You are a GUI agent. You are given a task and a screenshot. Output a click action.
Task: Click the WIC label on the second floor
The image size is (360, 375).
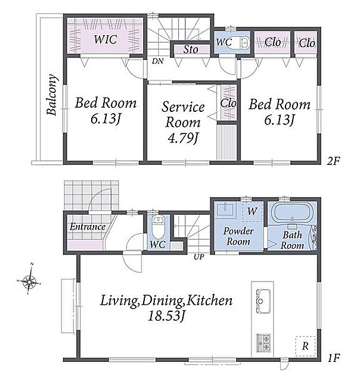pos(105,39)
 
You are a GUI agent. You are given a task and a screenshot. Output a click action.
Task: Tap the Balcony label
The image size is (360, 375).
pos(52,95)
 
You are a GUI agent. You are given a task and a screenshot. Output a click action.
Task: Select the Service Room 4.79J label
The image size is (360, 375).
pos(183,122)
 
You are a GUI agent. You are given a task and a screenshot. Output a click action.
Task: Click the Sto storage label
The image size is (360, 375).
pos(191,49)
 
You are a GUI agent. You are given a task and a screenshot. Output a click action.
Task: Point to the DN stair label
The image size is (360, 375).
pos(157,61)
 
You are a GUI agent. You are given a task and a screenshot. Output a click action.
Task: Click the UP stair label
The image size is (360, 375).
pos(199,257)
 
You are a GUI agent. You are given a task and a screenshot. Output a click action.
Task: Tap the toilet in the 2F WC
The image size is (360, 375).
pos(241,43)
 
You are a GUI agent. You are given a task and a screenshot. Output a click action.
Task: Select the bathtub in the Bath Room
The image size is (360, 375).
pos(292,212)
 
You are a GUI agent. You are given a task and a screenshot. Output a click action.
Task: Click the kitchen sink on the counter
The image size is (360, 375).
pos(263,301)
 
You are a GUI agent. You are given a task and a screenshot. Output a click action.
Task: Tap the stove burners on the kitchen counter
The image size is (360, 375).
pos(263,342)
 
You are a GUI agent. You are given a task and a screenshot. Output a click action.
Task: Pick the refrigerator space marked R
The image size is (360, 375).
pos(305,346)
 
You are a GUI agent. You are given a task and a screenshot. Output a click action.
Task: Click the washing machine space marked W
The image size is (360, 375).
pos(252,211)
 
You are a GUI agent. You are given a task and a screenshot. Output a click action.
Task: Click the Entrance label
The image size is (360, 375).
pos(88,226)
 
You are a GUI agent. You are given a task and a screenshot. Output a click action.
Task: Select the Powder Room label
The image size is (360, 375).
pos(238,236)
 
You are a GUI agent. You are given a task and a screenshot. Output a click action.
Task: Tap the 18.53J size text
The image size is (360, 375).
pos(166,317)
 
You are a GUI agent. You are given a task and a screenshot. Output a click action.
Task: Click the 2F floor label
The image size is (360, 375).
pos(333,161)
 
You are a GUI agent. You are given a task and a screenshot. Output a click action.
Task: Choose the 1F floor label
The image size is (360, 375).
pos(333,358)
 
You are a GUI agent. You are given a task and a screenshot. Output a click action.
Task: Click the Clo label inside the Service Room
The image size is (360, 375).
pos(228,104)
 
